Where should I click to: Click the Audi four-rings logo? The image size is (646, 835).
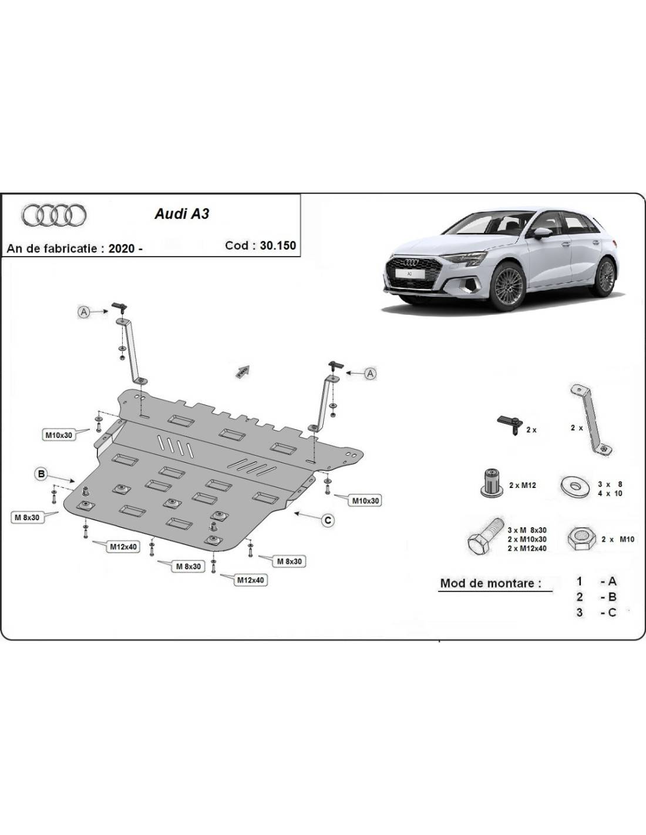click(x=54, y=216)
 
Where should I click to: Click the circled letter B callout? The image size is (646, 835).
click(x=41, y=474)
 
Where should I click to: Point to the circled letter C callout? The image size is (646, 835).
click(x=328, y=520)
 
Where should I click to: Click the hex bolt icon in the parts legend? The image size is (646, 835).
click(x=484, y=536)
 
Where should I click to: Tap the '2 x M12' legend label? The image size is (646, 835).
click(x=523, y=485)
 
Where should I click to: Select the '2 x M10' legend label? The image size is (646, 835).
click(x=618, y=539)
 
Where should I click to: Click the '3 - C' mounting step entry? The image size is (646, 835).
click(x=596, y=612)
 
